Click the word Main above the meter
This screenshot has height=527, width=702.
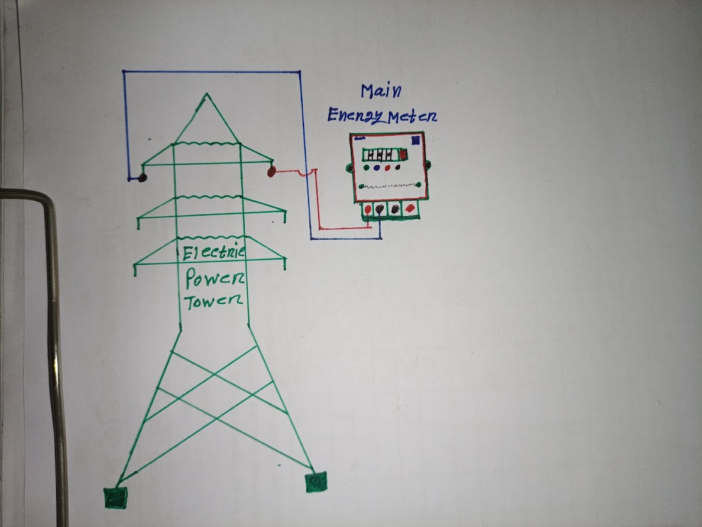381,91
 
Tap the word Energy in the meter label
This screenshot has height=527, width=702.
356,115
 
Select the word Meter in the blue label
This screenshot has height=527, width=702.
412,117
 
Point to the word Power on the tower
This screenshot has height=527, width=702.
215,278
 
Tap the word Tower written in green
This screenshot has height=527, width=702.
213,301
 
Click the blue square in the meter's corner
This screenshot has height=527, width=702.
416,140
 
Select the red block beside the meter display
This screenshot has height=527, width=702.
403,155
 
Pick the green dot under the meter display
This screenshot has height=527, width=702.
366,168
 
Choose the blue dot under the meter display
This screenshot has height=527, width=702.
377,169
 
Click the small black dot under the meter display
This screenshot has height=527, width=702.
397,168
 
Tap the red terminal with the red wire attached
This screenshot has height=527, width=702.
368,209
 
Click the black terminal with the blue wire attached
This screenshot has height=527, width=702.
380,208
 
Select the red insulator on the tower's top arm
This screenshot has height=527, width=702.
271,172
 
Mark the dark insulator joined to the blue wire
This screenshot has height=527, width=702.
143,178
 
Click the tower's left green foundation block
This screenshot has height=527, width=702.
115,498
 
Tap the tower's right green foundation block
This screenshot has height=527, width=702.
316,482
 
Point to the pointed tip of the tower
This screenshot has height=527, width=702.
206,94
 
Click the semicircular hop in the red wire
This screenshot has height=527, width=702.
303,173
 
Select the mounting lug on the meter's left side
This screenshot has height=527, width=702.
349,168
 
